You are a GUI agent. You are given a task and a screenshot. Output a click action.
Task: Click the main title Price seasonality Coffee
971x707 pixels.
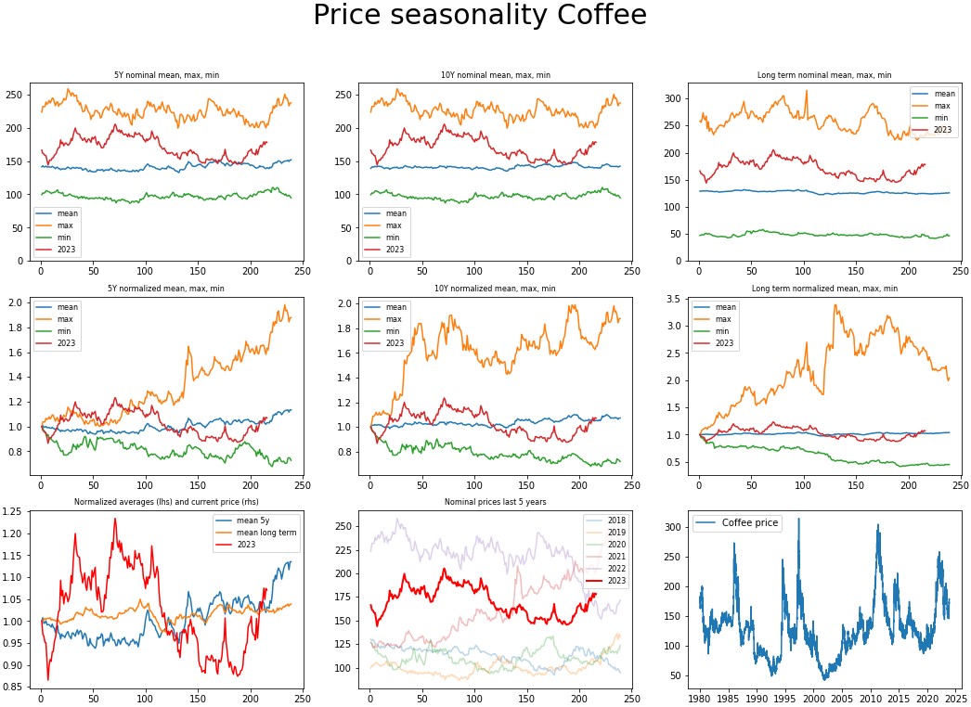(x=479, y=16)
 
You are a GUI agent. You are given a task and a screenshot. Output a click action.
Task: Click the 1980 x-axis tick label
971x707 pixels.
(x=699, y=697)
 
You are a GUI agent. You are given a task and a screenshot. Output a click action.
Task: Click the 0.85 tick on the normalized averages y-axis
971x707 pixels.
(x=17, y=688)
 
